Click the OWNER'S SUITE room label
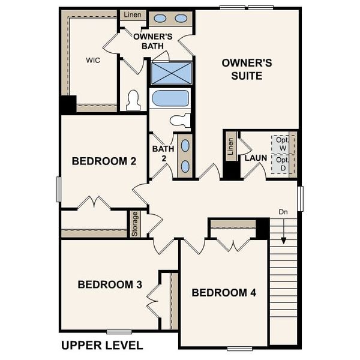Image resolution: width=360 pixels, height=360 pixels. (247, 69)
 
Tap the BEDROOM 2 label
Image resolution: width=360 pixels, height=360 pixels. (104, 161)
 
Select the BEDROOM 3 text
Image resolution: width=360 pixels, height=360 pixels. (110, 284)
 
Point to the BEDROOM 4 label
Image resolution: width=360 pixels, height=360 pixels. (224, 293)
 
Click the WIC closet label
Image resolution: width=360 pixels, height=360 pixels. (92, 60)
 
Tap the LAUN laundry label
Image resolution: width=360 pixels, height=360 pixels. (256, 158)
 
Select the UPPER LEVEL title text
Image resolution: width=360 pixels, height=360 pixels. (102, 346)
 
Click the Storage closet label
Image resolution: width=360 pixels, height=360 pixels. (135, 223)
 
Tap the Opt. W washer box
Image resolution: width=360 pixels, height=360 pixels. (282, 144)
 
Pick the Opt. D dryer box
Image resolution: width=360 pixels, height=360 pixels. (282, 164)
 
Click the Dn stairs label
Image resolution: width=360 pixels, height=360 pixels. (283, 212)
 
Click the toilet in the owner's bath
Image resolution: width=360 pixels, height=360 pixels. (133, 101)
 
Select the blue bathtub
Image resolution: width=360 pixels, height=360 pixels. (170, 98)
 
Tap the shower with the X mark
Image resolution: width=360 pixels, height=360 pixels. (172, 73)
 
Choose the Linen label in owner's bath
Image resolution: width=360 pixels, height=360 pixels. (133, 14)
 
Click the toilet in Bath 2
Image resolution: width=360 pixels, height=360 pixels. (181, 120)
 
